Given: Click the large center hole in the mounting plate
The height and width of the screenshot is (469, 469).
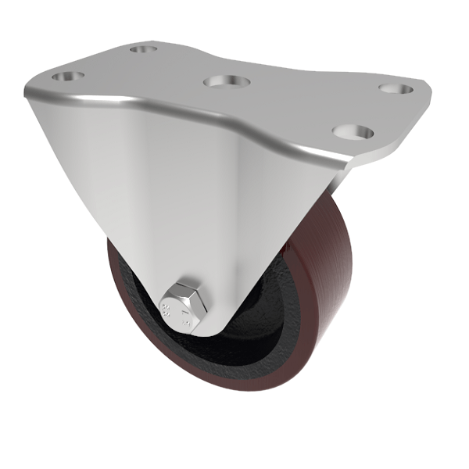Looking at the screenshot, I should point(224,81).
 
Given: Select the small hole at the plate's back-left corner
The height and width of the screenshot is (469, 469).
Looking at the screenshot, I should point(142,49).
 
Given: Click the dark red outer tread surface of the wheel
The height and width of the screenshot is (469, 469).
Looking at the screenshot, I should point(313,313).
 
